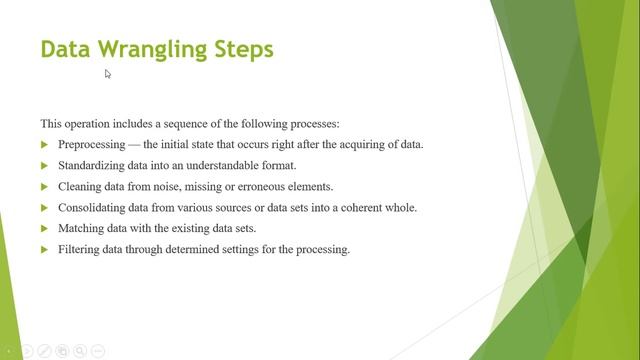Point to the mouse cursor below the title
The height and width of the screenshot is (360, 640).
pos(108,73)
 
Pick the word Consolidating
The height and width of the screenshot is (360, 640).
pos(95,207)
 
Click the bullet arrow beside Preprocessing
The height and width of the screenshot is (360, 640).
pos(44,145)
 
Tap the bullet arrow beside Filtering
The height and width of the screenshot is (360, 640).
pos(44,250)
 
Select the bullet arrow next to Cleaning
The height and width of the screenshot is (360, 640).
pos(44,187)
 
